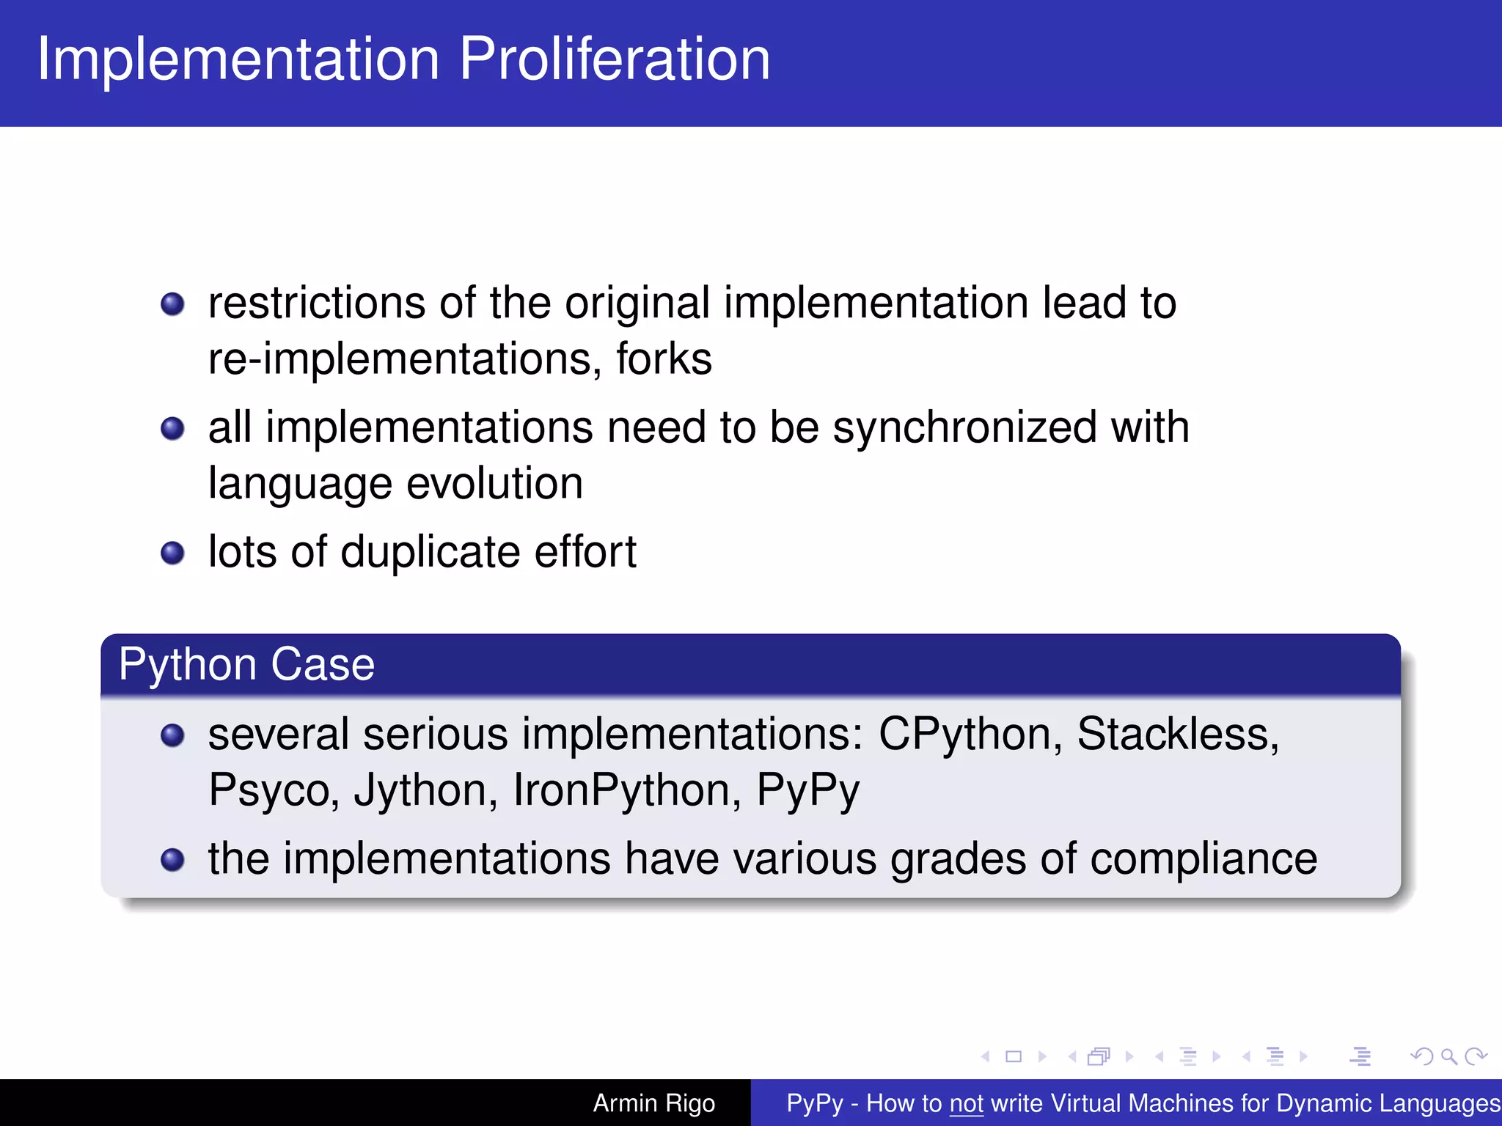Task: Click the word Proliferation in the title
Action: pos(615,59)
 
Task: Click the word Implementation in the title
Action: pos(238,59)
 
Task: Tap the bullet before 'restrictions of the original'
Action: pos(172,303)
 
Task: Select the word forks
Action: pos(664,359)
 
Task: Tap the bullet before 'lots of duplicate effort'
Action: pos(172,553)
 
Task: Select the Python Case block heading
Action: pos(246,665)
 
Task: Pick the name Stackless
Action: pos(1176,735)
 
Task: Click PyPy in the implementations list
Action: pos(807,790)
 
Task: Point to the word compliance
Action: pos(1203,859)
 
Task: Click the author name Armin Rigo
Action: pos(653,1103)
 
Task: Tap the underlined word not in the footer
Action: pos(966,1103)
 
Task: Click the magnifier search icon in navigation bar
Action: pos(1448,1056)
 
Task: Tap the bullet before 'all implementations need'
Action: pos(172,428)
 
